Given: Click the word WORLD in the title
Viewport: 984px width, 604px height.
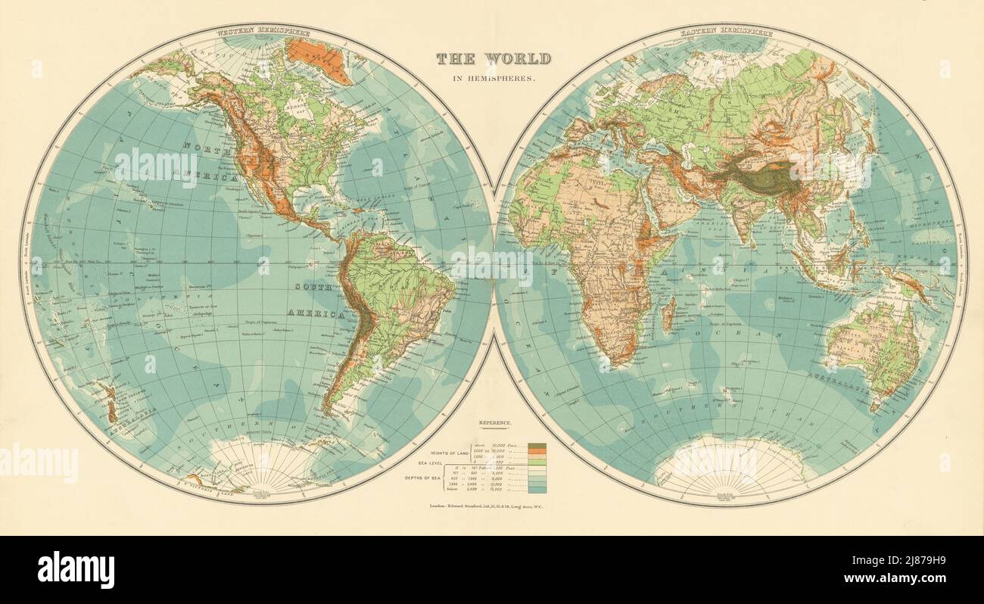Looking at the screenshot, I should pos(520,58).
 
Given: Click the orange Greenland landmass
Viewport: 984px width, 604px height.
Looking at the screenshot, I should pos(319,59).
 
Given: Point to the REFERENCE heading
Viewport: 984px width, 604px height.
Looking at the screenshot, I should pos(494,422).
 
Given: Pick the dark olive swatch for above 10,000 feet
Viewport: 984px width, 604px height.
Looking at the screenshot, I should pos(537,446).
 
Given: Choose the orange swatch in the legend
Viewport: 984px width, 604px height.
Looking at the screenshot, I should pos(537,453).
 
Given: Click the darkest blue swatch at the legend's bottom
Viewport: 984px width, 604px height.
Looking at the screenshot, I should pos(537,490).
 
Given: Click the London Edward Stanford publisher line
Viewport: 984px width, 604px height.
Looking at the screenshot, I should pos(493,505).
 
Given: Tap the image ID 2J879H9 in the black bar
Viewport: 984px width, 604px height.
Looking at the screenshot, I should pos(905,561).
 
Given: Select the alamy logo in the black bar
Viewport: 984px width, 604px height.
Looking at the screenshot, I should pos(76,569).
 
